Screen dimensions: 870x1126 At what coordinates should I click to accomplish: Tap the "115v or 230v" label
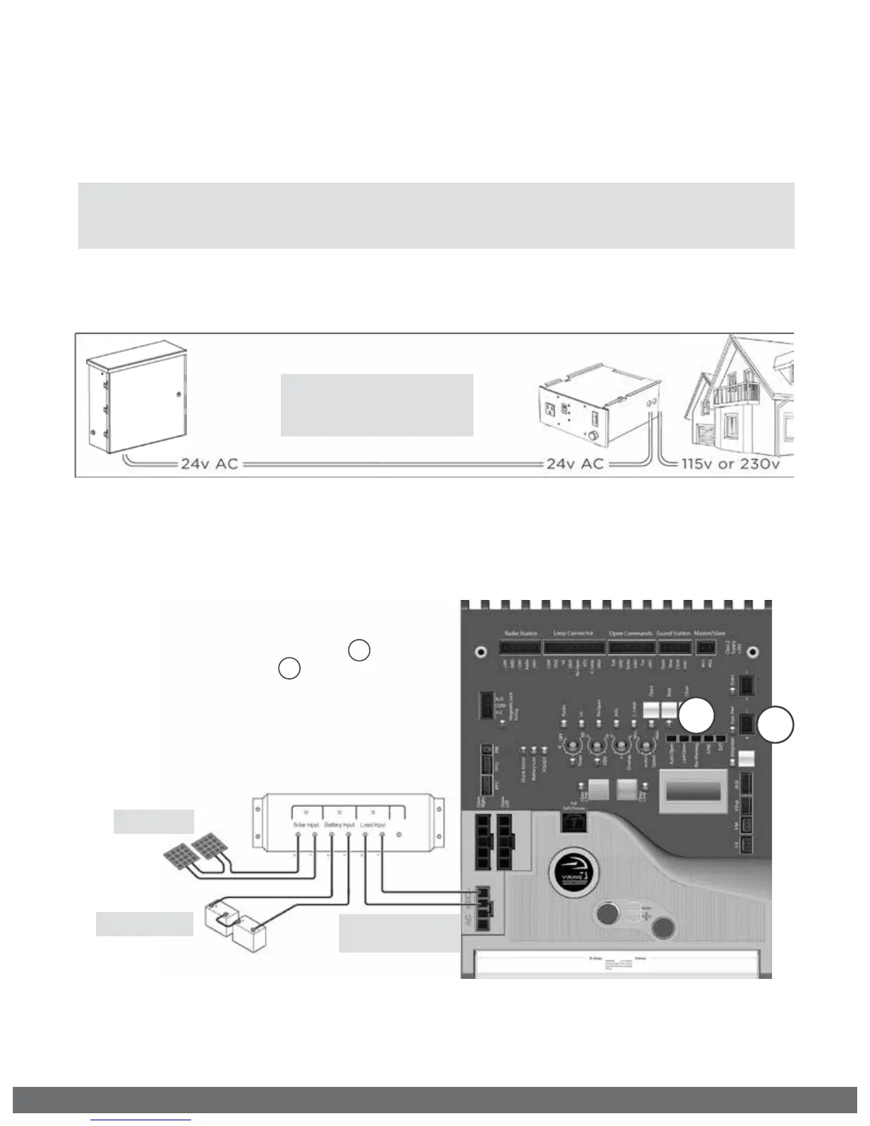pos(731,463)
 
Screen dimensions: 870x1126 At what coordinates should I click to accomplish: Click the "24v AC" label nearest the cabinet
pos(209,463)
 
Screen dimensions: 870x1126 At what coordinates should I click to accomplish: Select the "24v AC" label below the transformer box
pos(574,463)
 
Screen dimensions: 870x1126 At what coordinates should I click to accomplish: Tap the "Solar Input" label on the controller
pos(306,825)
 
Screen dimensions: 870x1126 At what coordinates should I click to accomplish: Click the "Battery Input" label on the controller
pos(340,825)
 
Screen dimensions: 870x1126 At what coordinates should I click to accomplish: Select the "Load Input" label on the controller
pos(372,825)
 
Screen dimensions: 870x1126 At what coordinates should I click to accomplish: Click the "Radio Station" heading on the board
pos(521,633)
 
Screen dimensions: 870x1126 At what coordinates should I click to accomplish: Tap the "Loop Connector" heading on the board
pos(574,633)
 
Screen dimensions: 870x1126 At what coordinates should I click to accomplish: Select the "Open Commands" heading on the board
pos(630,633)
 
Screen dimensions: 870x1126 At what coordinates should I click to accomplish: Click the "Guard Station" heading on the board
pos(673,633)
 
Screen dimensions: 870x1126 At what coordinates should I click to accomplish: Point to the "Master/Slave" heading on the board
pos(709,633)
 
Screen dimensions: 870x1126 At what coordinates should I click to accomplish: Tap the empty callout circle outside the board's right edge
pos(775,725)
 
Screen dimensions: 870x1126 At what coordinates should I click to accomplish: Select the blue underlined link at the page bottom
pos(141,1120)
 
